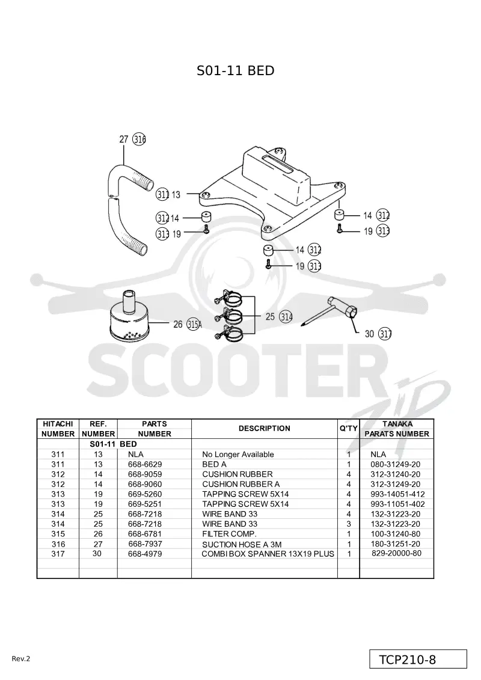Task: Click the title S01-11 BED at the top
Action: coord(236,71)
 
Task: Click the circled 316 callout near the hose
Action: coord(139,139)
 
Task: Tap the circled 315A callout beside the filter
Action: coord(194,324)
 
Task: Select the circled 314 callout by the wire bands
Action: coord(286,317)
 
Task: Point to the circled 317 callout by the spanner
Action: coord(385,334)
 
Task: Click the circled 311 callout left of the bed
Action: coord(163,195)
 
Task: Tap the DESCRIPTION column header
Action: coord(265,429)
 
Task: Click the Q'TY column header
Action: coord(349,429)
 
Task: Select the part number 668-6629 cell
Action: coord(145,465)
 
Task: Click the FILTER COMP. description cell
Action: coord(230,534)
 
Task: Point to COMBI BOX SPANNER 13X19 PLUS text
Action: coord(268,554)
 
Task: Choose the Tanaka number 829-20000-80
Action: coord(396,553)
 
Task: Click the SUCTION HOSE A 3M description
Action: coord(242,544)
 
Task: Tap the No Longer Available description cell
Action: coord(238,455)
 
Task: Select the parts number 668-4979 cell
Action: coord(145,554)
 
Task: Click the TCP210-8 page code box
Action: coord(418,660)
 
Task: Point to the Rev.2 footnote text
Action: coord(21,659)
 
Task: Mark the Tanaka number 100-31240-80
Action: coord(396,534)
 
